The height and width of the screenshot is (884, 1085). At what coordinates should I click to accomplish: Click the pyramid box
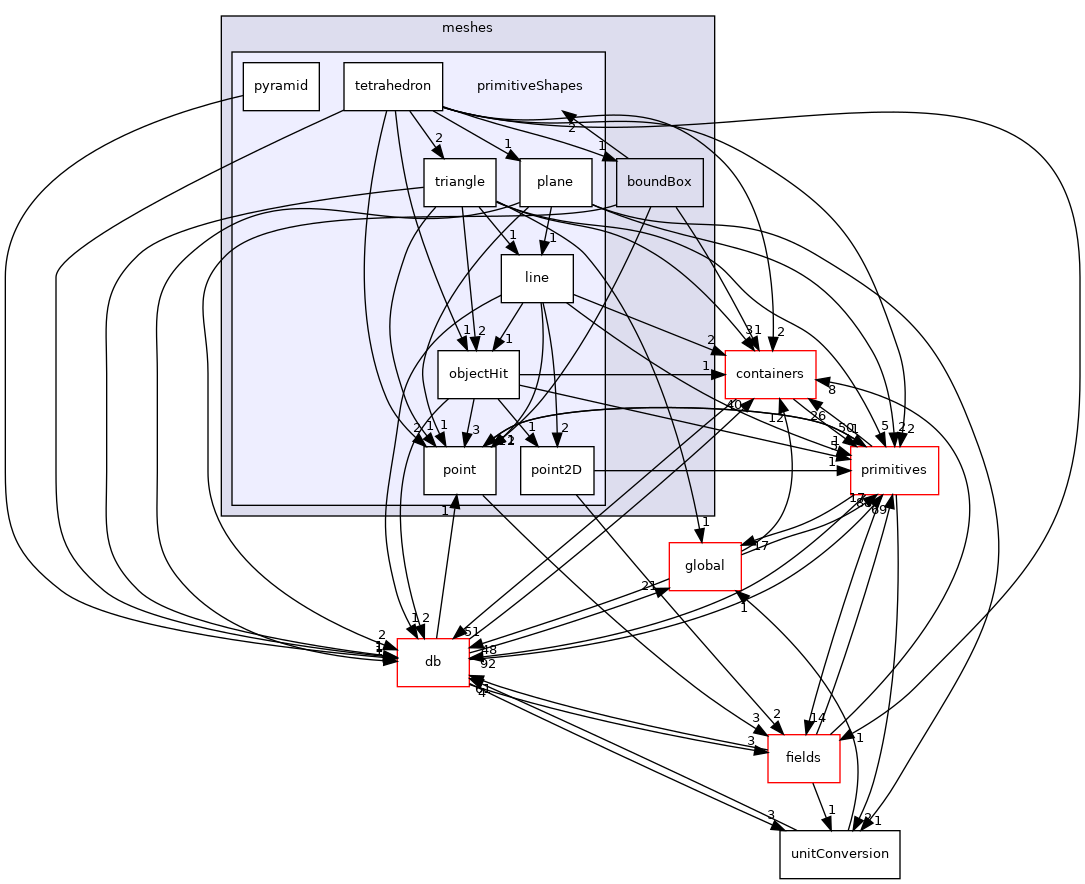(x=281, y=86)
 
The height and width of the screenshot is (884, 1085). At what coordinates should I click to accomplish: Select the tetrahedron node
(x=392, y=86)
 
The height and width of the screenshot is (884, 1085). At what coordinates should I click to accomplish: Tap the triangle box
(x=459, y=182)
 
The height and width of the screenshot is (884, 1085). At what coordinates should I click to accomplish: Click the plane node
(x=555, y=182)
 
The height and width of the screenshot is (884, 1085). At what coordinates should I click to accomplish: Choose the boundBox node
(x=659, y=182)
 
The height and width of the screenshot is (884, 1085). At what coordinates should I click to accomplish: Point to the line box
(x=537, y=278)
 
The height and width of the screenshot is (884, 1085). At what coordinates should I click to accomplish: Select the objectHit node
(x=478, y=374)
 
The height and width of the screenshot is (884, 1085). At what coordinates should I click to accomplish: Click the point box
(x=459, y=470)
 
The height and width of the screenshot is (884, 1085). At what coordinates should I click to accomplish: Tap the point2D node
(x=556, y=470)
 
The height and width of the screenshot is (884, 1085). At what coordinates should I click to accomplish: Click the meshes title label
(x=467, y=28)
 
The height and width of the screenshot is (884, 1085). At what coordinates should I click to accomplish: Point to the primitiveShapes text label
(x=529, y=86)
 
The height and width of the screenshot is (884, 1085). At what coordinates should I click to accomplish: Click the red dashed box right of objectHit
(x=770, y=374)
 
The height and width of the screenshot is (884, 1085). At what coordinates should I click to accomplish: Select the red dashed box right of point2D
(x=894, y=470)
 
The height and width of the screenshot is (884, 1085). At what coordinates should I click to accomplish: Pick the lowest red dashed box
(x=803, y=758)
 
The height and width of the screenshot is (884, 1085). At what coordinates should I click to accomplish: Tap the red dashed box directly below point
(x=432, y=662)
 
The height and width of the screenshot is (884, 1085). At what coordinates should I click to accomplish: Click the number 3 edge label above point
(x=476, y=430)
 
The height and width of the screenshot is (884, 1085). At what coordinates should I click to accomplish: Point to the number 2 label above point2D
(x=564, y=428)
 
